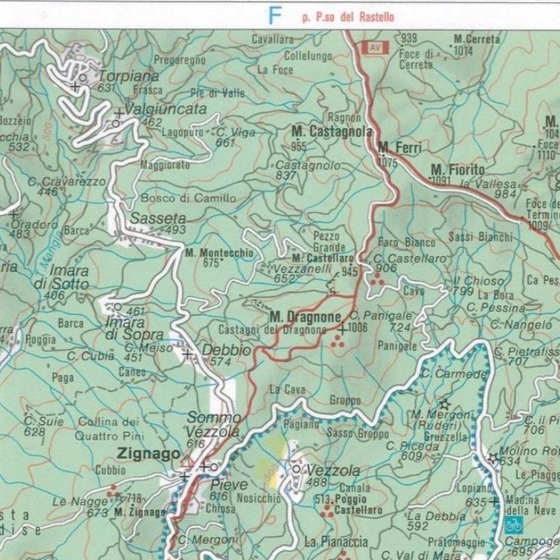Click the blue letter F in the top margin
click(x=275, y=15)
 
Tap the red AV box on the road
click(x=375, y=48)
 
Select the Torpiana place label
click(x=129, y=76)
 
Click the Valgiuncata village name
click(x=166, y=109)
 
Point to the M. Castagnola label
click(x=331, y=132)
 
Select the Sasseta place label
click(x=158, y=218)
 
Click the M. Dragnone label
click(x=305, y=317)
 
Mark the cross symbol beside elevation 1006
click(x=342, y=329)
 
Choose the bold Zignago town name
click(x=148, y=453)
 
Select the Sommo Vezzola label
click(x=213, y=425)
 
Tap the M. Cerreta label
click(x=477, y=39)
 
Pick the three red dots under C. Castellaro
click(x=377, y=280)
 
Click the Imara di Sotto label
click(x=69, y=277)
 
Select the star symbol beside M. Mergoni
click(x=445, y=404)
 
